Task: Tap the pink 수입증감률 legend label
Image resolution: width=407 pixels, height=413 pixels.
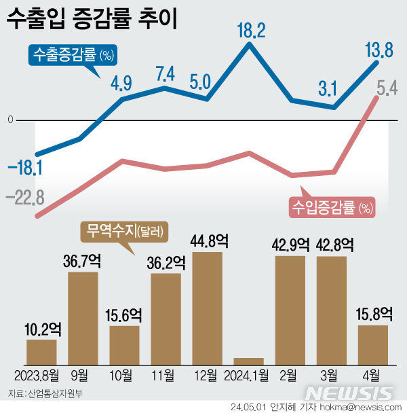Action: coord(332,206)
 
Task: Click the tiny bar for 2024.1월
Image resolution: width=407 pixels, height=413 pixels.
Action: coord(248,361)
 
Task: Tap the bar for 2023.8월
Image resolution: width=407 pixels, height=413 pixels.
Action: coord(41,352)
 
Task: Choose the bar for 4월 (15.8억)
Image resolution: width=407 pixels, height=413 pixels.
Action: coord(372,345)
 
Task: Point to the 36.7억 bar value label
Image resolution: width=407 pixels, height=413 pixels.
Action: coord(83,262)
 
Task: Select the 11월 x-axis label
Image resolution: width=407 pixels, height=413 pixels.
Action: coord(166,375)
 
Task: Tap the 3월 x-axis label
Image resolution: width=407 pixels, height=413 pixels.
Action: coord(331,375)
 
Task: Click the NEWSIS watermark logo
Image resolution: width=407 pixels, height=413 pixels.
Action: coord(349,393)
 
